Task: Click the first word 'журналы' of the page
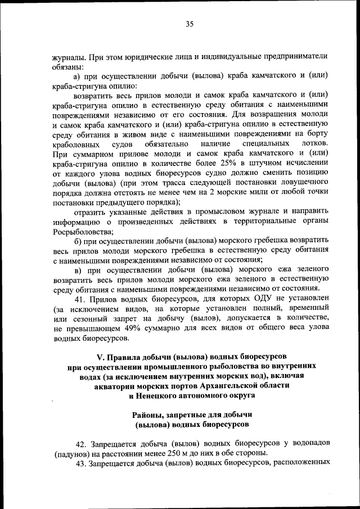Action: pos(68,57)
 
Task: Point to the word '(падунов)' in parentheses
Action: pos(72,453)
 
